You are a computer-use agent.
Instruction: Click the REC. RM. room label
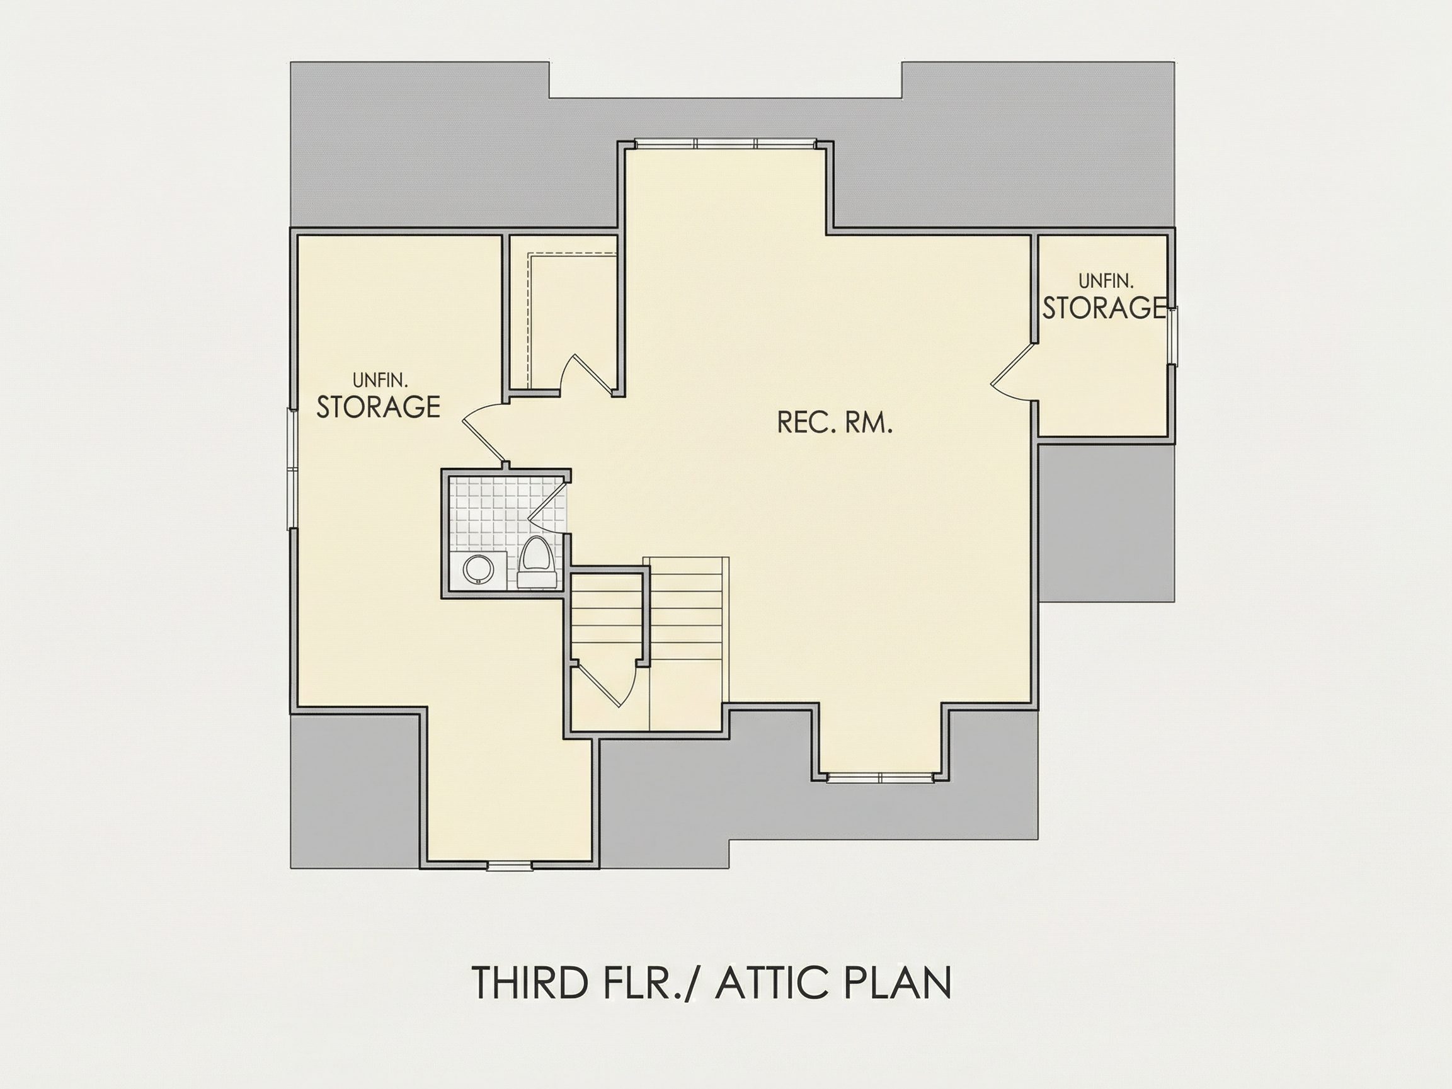click(x=835, y=423)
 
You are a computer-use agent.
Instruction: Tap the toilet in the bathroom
click(x=537, y=562)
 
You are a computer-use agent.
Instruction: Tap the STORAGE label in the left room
click(x=378, y=407)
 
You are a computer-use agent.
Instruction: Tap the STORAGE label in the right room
click(x=1105, y=307)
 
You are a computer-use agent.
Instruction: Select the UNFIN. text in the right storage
click(x=1106, y=282)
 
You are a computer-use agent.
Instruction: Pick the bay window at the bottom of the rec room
click(x=879, y=778)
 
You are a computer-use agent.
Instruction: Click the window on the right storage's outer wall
click(x=1172, y=335)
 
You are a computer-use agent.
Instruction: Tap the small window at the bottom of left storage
click(x=510, y=866)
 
